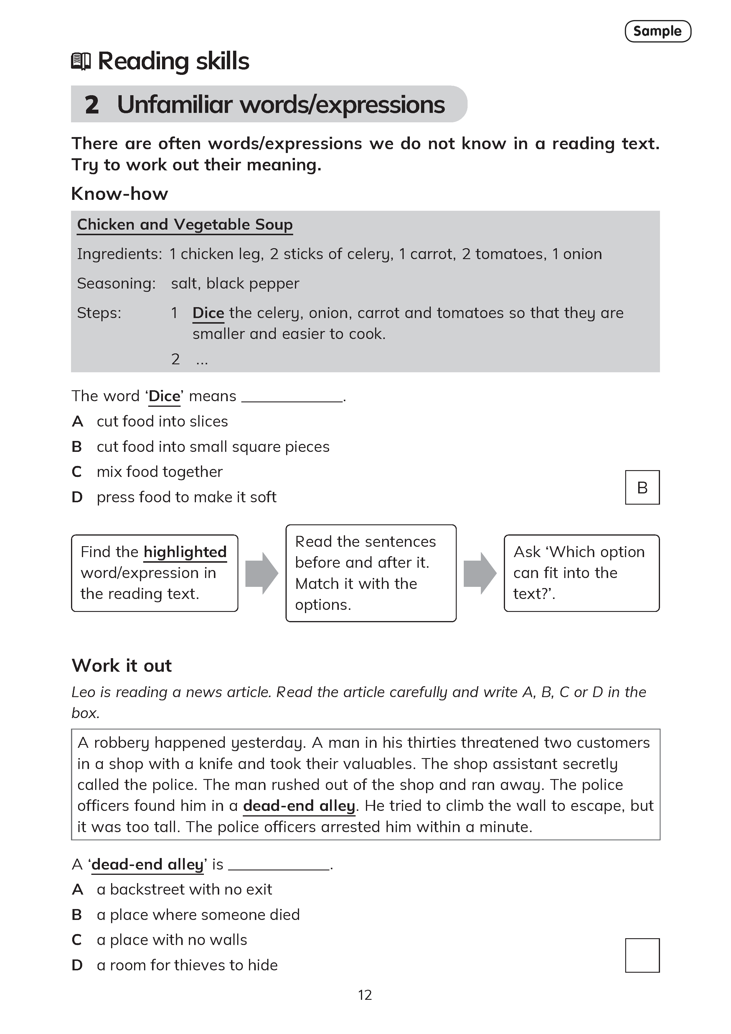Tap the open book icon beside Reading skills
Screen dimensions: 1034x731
[81, 61]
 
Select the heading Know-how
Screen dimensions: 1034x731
[119, 194]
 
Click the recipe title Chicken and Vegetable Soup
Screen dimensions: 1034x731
[184, 224]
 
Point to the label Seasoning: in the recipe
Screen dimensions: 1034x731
[116, 283]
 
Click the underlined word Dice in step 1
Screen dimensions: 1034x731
[208, 313]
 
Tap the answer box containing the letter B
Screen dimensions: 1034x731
[642, 487]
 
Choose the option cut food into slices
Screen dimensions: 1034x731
[162, 421]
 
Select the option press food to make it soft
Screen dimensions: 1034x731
[186, 497]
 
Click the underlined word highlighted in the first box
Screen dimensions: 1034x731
[185, 552]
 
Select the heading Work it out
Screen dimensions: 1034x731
[121, 666]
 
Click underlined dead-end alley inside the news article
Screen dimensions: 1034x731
[299, 806]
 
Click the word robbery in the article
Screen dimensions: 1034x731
[121, 742]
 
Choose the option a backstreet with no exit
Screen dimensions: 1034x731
[184, 890]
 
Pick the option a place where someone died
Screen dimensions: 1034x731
[198, 915]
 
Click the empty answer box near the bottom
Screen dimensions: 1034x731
[642, 955]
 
